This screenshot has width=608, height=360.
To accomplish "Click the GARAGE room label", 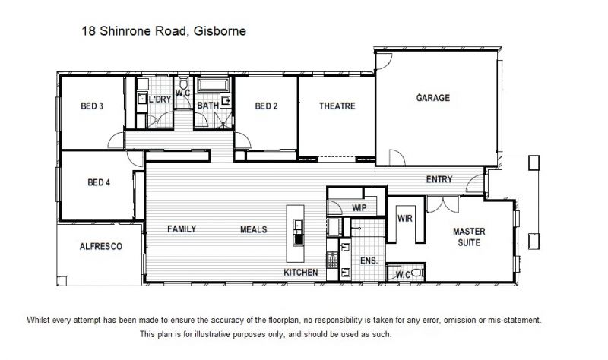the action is coord(433,98).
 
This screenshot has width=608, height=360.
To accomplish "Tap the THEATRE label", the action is coord(337,106).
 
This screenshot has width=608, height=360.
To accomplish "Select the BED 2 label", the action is coord(266,106).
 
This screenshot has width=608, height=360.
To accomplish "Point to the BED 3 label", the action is coord(92,106).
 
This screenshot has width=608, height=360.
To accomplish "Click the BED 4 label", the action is coord(99,182).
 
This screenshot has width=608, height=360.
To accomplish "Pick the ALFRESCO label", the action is coord(101,247).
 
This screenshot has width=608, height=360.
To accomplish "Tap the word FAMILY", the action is coord(182,229).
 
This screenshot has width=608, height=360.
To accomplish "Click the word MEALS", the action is coord(254,229).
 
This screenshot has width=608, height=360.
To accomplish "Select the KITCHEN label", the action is coord(300,273).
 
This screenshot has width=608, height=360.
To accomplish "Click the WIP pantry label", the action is coord(359,207).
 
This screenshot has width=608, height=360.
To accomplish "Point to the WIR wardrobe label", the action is coord(405,219).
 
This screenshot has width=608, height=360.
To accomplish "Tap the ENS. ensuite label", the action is coord(369,261).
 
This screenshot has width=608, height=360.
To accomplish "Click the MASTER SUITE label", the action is coord(469,237).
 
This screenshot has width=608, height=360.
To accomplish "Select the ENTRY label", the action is coord(439,179).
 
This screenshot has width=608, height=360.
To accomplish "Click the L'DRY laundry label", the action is coord(160,99).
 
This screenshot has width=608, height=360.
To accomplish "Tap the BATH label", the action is coord(207,106).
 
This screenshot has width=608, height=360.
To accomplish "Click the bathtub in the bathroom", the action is coord(214,85).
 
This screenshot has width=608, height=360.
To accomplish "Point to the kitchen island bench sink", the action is coord(298,225).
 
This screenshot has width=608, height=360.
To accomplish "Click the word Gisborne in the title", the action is coord(220,31).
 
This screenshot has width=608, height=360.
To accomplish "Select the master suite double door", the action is coord(442,204).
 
